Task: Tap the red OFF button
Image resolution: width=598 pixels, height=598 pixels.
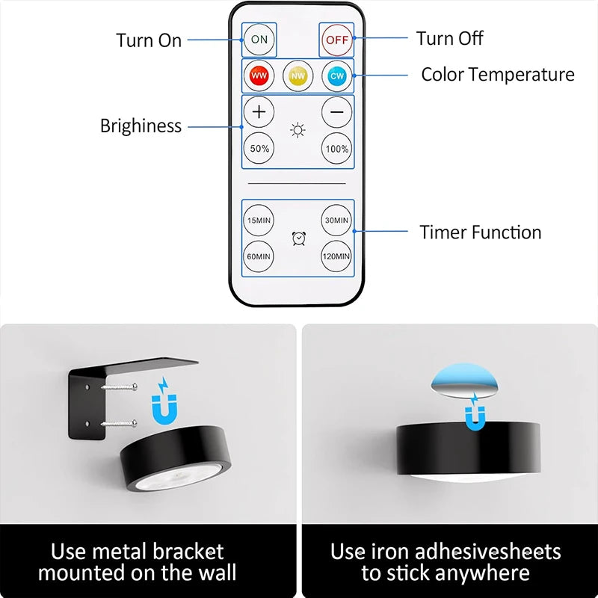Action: point(337,40)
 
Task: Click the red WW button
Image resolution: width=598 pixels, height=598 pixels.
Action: point(259,75)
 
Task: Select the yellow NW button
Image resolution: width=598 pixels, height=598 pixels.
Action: point(298,75)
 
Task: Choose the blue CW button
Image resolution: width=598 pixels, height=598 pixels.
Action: point(337,75)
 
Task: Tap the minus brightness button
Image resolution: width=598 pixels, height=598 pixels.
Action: point(337,112)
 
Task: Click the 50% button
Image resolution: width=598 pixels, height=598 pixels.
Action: point(259,148)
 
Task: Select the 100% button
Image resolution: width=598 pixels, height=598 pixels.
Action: point(337,148)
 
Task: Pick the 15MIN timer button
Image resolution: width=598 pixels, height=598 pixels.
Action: point(259,220)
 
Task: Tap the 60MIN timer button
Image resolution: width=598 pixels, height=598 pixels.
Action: point(259,256)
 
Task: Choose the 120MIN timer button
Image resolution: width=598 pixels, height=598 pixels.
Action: point(336,256)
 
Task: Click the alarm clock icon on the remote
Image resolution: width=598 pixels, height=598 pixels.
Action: point(298,238)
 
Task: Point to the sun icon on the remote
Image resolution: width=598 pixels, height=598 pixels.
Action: point(298,130)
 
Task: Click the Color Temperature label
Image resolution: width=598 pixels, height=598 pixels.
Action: point(498,74)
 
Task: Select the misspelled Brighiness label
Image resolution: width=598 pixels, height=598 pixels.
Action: point(141,126)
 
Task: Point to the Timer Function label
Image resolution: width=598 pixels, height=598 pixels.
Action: point(480,232)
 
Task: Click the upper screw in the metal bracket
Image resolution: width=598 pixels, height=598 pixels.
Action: point(120,387)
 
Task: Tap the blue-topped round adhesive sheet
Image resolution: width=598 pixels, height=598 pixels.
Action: point(464,380)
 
